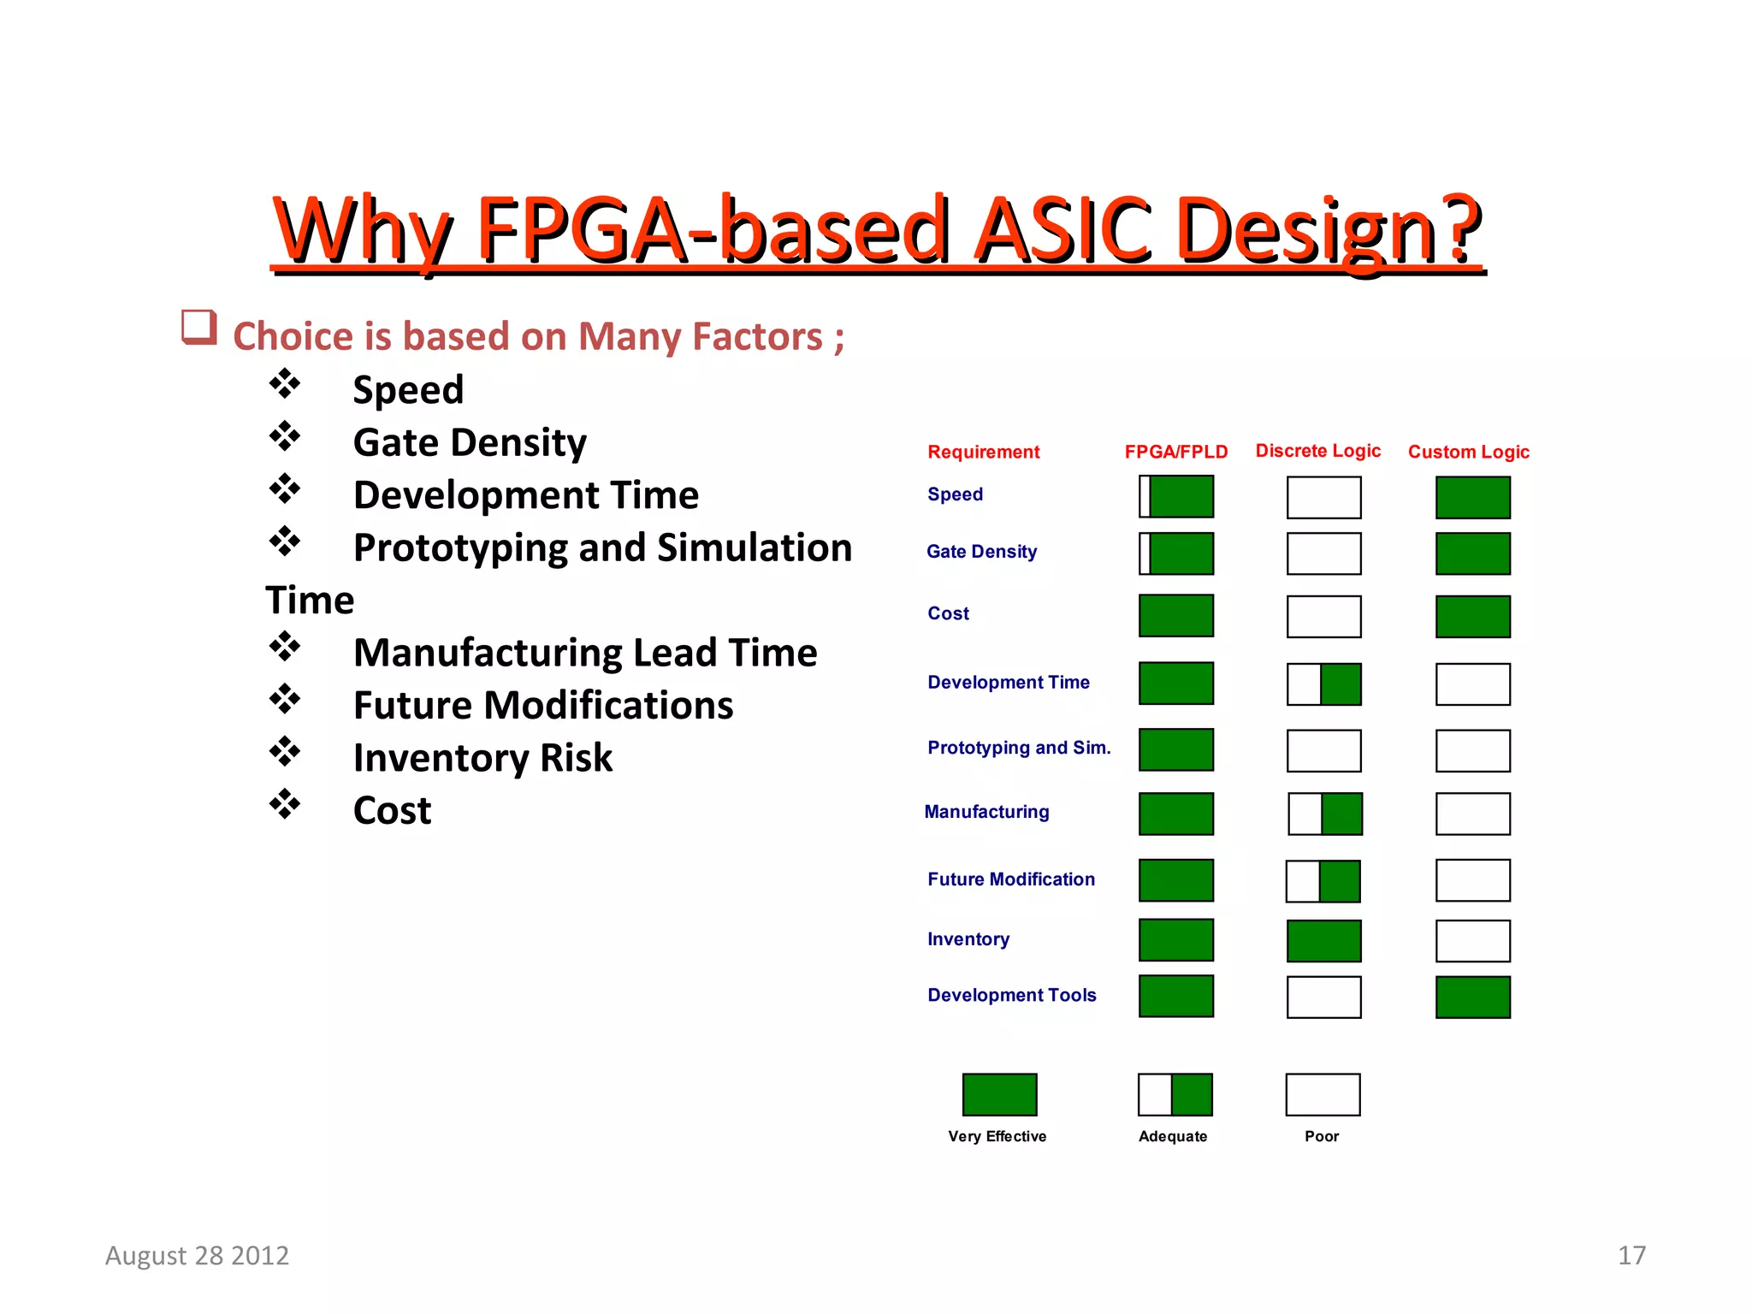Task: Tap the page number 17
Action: tap(1631, 1255)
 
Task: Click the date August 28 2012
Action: tap(197, 1255)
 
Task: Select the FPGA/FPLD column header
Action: tap(1175, 452)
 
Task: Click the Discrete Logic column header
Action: tap(1317, 451)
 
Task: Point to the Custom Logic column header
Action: tap(1468, 452)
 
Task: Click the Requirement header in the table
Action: tap(983, 452)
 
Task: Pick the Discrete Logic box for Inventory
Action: tap(1323, 941)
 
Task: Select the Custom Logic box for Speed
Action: tap(1472, 498)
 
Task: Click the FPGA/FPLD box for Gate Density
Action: tap(1176, 553)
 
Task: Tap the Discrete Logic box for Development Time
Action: tap(1323, 684)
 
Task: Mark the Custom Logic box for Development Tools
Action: tap(1472, 997)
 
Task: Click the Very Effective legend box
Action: tap(999, 1095)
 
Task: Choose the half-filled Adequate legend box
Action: tap(1175, 1095)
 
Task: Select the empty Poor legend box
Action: tap(1323, 1095)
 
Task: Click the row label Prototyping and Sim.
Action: tap(1018, 748)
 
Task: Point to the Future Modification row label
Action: tap(1010, 879)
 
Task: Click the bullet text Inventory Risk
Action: tap(482, 758)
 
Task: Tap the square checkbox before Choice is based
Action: tap(198, 328)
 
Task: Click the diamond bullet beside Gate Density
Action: tap(285, 436)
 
